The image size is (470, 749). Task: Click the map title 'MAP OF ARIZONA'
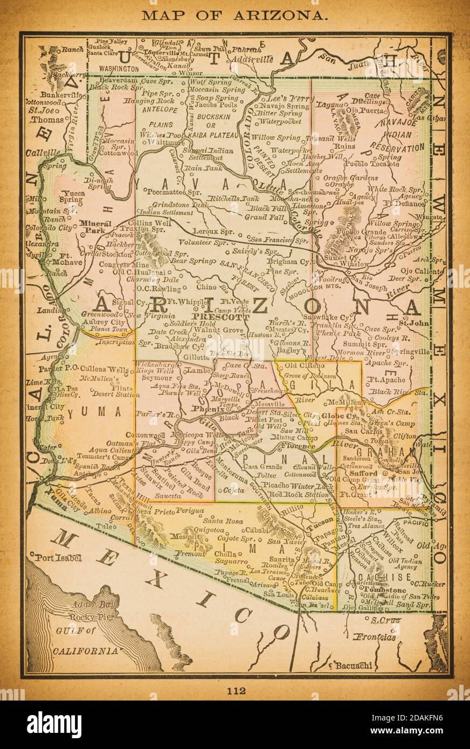pyautogui.click(x=234, y=15)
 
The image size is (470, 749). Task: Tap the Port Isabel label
pyautogui.click(x=57, y=558)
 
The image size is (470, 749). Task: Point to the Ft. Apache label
pyautogui.click(x=386, y=379)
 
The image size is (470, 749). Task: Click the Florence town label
pyautogui.click(x=296, y=447)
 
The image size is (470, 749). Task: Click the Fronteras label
pyautogui.click(x=375, y=637)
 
